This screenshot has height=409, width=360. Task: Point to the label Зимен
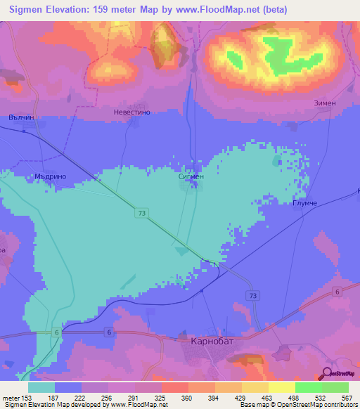(x=324, y=103)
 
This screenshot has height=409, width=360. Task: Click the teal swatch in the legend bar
(x=41, y=387)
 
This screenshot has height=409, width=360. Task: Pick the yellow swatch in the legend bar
(x=281, y=387)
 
